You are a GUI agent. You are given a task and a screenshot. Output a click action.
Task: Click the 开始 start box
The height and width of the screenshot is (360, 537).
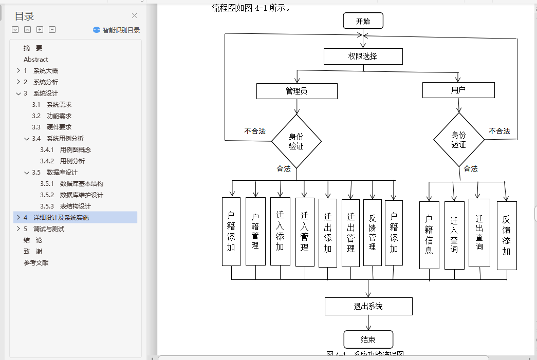pos(363,21)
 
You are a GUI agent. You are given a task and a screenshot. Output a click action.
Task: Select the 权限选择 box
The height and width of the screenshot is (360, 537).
pos(363,56)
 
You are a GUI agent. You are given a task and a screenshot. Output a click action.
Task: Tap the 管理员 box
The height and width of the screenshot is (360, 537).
pos(297,91)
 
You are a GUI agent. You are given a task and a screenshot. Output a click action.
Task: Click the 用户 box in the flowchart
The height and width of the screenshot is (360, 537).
pos(458,90)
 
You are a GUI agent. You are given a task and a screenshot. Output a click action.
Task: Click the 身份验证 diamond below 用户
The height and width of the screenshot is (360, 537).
pos(458,140)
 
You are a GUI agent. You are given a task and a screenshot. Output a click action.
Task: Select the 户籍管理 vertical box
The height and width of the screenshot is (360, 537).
pos(255,231)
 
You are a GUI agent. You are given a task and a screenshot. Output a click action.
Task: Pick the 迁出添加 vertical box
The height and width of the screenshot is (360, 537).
pos(328,233)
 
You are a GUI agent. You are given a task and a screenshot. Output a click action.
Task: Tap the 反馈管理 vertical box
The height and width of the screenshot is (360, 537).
pos(373,232)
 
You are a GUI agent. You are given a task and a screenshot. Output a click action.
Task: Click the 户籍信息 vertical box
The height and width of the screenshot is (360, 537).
pos(429,235)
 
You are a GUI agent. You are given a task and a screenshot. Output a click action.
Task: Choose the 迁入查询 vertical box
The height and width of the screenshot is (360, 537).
pos(454,235)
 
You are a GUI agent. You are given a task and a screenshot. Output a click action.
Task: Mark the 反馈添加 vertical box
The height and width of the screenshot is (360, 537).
pos(507,235)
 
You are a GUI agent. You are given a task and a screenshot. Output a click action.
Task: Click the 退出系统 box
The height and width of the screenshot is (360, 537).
pos(368,307)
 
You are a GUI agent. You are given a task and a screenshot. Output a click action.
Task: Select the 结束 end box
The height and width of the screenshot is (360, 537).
pos(368,339)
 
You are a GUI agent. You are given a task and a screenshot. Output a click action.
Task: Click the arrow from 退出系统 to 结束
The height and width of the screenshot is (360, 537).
pos(368,323)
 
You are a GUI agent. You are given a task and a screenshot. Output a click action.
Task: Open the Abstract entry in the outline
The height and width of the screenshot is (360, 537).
pos(36,60)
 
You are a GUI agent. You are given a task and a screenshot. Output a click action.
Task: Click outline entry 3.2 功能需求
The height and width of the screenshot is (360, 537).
pos(59,116)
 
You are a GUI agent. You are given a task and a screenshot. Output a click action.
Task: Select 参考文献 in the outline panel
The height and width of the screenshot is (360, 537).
pos(36,263)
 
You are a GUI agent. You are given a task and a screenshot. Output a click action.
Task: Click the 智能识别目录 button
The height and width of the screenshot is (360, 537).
pos(117,30)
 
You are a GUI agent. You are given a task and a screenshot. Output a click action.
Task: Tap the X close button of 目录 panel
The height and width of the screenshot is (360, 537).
pos(135,16)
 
